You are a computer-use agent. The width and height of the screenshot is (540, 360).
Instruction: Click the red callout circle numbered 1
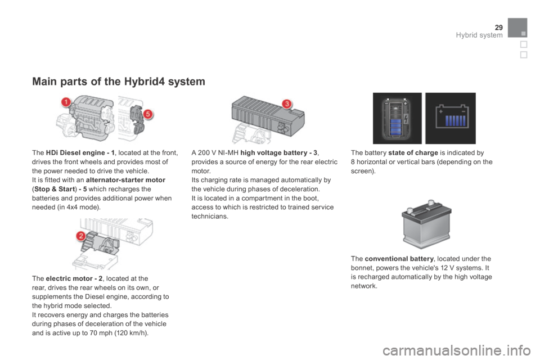pos(66,102)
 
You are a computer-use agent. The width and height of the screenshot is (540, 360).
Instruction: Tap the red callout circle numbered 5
pos(148,114)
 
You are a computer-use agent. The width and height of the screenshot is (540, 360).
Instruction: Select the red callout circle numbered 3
pos(286,103)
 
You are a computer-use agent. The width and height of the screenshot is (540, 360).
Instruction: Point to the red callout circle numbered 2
pos(81,236)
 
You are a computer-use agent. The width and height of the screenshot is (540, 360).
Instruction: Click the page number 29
pos(499,27)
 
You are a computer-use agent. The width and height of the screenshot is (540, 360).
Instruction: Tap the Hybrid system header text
pos(479,35)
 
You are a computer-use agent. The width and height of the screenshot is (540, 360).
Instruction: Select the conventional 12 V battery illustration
pos(426,224)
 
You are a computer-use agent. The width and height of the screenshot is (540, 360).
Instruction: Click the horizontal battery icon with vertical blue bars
pos(451,118)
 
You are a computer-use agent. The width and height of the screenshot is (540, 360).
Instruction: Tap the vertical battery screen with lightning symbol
pos(397,118)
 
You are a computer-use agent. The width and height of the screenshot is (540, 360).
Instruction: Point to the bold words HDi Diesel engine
pos(75,152)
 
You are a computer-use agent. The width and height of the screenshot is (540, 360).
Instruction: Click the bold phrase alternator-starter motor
pos(125,180)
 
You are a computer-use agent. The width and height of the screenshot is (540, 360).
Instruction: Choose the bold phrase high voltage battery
pos(274,152)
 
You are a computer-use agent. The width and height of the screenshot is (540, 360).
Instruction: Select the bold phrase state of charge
pos(413,152)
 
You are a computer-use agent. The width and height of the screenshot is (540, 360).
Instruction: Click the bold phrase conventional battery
pos(399,259)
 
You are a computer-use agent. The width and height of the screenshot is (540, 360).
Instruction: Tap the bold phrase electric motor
pos(69,278)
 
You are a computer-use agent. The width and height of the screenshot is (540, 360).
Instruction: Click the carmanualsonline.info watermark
pos(457,350)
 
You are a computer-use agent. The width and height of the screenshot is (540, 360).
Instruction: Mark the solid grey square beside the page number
pos(517,28)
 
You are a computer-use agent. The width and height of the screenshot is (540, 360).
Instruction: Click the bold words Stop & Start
pos(55,189)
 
